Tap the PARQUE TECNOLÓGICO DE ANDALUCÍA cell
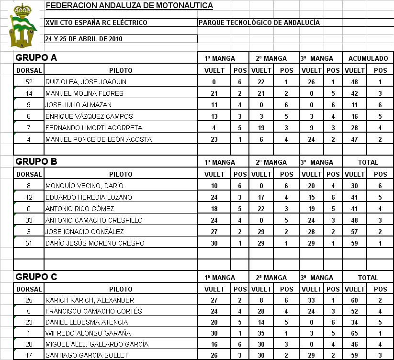coord(259,22)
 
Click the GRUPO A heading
coord(36,58)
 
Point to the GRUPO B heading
coord(36,161)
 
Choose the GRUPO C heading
coord(36,277)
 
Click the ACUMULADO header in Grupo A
coord(368,58)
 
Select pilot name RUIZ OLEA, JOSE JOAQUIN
coord(86,82)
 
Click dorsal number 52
coord(29,82)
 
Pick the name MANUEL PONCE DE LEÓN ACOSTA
coord(98,139)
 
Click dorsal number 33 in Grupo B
coord(29,220)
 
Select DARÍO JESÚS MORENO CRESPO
coord(95,243)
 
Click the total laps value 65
coord(354,333)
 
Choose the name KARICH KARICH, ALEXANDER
coord(90,300)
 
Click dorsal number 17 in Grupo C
coord(29,355)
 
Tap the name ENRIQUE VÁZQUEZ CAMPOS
coord(89,116)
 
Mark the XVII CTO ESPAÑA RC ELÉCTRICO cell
coord(96,22)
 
